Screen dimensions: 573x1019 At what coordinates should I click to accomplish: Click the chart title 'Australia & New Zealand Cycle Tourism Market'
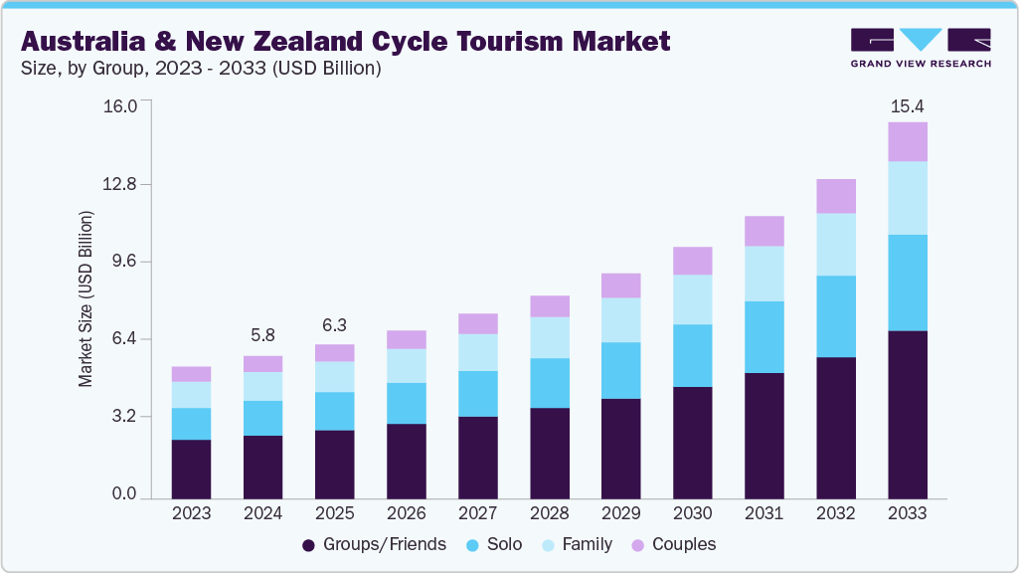pyautogui.click(x=345, y=41)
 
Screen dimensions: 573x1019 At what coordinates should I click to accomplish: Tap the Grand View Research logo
pyautogui.click(x=921, y=48)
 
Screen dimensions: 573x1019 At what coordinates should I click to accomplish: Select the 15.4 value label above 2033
pyautogui.click(x=907, y=105)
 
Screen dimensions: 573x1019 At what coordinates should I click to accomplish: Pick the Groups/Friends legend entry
pyautogui.click(x=374, y=544)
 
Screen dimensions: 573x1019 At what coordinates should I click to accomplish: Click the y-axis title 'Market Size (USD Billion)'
pyautogui.click(x=85, y=298)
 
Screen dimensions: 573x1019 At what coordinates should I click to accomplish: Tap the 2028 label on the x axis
pyautogui.click(x=549, y=513)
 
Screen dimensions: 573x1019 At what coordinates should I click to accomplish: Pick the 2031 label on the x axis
pyautogui.click(x=764, y=513)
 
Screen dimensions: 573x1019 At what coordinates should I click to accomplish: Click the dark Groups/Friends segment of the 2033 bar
pyautogui.click(x=907, y=414)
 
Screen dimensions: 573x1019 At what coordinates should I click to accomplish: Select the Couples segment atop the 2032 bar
pyautogui.click(x=835, y=196)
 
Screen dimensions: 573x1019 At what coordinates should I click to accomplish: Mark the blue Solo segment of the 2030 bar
pyautogui.click(x=692, y=355)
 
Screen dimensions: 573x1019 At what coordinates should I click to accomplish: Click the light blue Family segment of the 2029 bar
pyautogui.click(x=620, y=319)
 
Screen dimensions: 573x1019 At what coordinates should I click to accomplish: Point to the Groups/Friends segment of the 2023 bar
pyautogui.click(x=191, y=469)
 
